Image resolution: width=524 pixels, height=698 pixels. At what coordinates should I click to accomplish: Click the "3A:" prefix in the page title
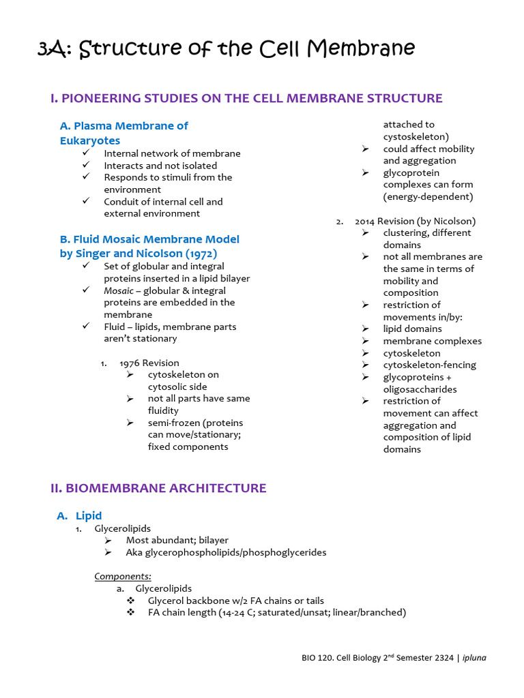pyautogui.click(x=56, y=49)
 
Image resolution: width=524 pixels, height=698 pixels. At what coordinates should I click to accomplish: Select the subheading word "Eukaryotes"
pyautogui.click(x=90, y=140)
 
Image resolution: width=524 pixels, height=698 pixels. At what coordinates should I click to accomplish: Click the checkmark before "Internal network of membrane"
pyautogui.click(x=86, y=153)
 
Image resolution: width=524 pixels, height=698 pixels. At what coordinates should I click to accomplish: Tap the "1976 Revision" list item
pyautogui.click(x=149, y=363)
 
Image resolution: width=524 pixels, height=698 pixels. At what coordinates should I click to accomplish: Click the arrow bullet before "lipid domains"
pyautogui.click(x=366, y=329)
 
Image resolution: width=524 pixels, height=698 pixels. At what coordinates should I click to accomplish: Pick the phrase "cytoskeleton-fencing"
pyautogui.click(x=429, y=365)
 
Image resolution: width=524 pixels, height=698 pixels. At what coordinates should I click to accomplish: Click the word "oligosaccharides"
pyautogui.click(x=420, y=389)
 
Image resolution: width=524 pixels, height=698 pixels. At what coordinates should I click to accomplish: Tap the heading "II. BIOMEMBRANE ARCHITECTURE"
pyautogui.click(x=158, y=488)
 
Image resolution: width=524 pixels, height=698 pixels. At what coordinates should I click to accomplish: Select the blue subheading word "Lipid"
pyautogui.click(x=89, y=516)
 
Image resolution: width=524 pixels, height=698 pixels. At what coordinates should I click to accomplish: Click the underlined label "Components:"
pyautogui.click(x=123, y=576)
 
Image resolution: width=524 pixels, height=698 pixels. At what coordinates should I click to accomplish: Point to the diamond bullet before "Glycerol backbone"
pyautogui.click(x=131, y=601)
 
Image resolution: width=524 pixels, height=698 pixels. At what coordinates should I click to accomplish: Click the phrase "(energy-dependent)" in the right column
pyautogui.click(x=428, y=196)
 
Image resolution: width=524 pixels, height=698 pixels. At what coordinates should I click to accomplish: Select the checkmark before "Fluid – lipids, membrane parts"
pyautogui.click(x=86, y=327)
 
